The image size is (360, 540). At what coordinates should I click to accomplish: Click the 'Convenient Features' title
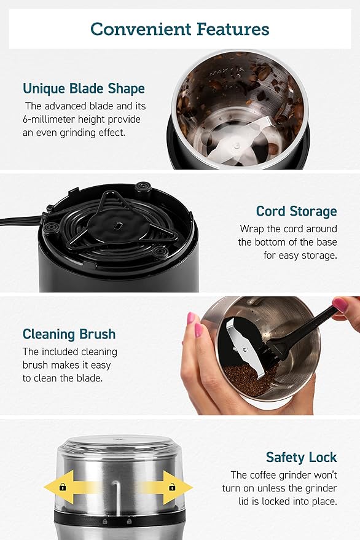[x=179, y=29]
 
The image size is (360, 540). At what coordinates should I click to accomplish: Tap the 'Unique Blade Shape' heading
[x=84, y=88]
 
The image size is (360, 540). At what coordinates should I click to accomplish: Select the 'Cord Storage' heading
[x=296, y=211]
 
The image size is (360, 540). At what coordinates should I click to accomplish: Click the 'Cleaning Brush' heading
[x=69, y=334]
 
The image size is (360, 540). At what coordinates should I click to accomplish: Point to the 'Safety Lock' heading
[x=302, y=457]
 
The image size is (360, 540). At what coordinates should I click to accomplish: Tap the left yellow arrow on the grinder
[x=69, y=487]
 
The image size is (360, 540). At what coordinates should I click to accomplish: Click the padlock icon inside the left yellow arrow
[x=62, y=487]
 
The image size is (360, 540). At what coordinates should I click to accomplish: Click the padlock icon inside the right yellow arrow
[x=172, y=487]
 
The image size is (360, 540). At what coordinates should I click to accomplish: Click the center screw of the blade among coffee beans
[x=237, y=146]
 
